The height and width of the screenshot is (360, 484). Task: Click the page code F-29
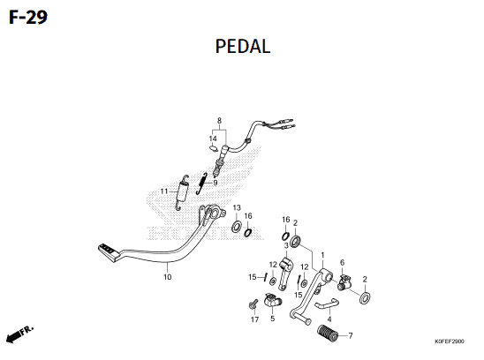[x=28, y=18]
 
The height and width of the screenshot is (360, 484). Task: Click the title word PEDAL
[x=243, y=47]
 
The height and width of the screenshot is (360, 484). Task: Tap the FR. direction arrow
[x=19, y=334]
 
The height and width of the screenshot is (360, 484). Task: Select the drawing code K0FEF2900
[x=450, y=341]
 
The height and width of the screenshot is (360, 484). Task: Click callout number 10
[x=167, y=277]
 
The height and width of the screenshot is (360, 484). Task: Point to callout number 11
[x=164, y=191]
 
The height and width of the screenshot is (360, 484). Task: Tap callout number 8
[x=219, y=120]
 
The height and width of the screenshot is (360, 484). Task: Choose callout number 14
[x=213, y=139]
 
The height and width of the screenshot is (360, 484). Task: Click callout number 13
[x=237, y=207]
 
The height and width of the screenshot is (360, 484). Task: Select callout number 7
[x=351, y=335]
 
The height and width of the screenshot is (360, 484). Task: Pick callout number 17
[x=254, y=319]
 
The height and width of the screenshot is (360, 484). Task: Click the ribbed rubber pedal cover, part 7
[x=328, y=334]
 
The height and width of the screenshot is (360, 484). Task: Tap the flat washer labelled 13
[x=237, y=227]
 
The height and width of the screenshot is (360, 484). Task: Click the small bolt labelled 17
[x=253, y=304]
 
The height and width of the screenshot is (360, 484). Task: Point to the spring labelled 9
[x=201, y=184]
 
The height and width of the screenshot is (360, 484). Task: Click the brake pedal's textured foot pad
[x=109, y=252]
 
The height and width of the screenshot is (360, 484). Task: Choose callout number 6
[x=342, y=263]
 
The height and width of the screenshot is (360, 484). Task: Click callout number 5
[x=273, y=319]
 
